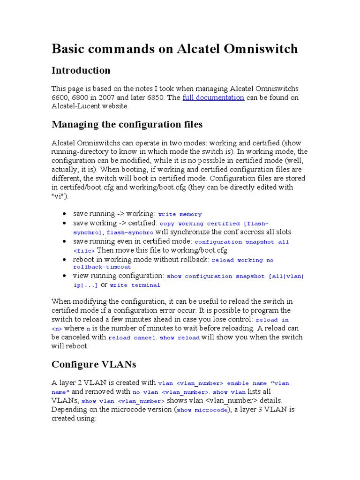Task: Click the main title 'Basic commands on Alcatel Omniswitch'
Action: click(x=174, y=48)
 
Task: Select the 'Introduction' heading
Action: click(x=81, y=70)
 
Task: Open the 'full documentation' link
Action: click(x=213, y=97)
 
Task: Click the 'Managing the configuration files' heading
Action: click(x=127, y=124)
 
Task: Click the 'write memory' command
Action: click(x=180, y=214)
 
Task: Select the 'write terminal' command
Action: click(x=135, y=285)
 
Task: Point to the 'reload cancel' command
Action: click(x=132, y=337)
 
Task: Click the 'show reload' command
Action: click(x=180, y=337)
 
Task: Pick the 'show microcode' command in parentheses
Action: click(x=199, y=410)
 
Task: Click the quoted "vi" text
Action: click(x=57, y=196)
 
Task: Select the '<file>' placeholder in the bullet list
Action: click(x=84, y=251)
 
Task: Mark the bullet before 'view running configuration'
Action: click(x=64, y=276)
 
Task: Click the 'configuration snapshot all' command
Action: click(x=241, y=242)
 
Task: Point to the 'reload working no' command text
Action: click(x=243, y=260)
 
